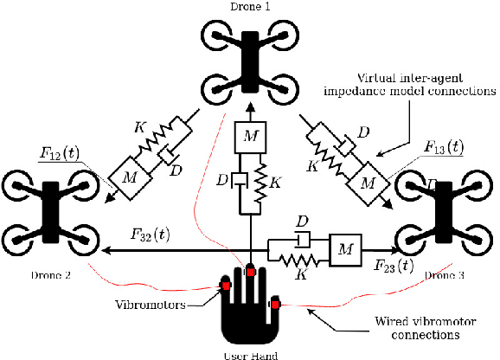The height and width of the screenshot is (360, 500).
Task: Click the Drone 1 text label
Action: pos(250,6)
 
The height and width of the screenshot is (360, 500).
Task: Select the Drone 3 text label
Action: pos(446,276)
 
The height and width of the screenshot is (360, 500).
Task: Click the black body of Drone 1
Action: pos(250,61)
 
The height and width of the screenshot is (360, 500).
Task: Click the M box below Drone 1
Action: pos(250,136)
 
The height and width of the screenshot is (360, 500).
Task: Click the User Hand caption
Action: pos(250,354)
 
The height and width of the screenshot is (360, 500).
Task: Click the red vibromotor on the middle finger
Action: pos(251,272)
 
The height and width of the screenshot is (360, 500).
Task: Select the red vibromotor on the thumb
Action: pos(275,303)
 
